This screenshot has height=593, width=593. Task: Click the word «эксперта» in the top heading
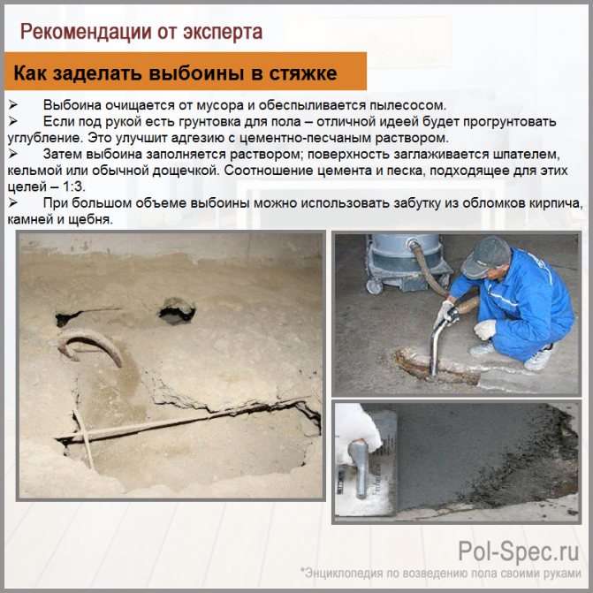click(223, 32)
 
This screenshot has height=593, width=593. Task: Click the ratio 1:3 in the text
click(73, 186)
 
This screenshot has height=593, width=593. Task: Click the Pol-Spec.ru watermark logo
click(519, 551)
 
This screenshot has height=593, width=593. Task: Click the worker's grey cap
click(486, 257)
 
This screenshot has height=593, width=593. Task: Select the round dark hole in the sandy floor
click(177, 311)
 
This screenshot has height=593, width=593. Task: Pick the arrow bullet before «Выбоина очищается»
click(13, 105)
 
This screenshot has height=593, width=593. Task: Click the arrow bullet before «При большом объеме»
click(13, 202)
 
